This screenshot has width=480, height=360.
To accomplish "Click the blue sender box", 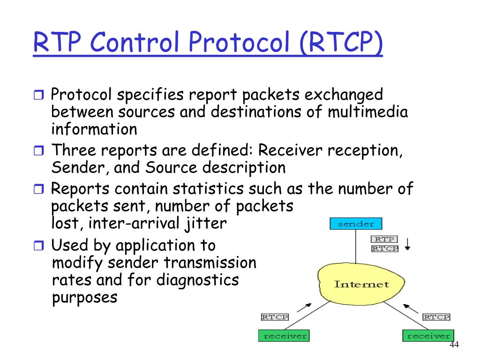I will coord(356,224).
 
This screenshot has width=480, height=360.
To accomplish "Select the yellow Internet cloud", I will coord(360,284).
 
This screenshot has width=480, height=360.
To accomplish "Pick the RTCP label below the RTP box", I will coord(384,249).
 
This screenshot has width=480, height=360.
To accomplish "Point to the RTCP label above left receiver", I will coord(275,317).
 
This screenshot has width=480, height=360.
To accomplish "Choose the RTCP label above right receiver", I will coord(436,317).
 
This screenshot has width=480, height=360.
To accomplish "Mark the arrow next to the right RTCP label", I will coord(411,308).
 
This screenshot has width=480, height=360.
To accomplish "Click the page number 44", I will coord(454,345).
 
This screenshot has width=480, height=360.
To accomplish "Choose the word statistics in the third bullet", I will coord(208,189).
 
